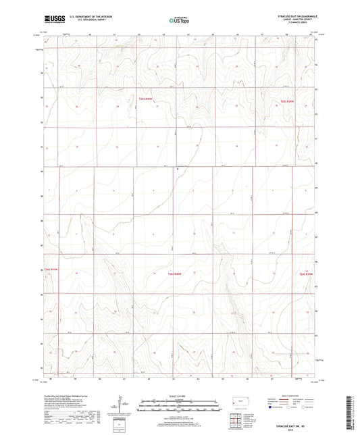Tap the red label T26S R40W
click(176, 274)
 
